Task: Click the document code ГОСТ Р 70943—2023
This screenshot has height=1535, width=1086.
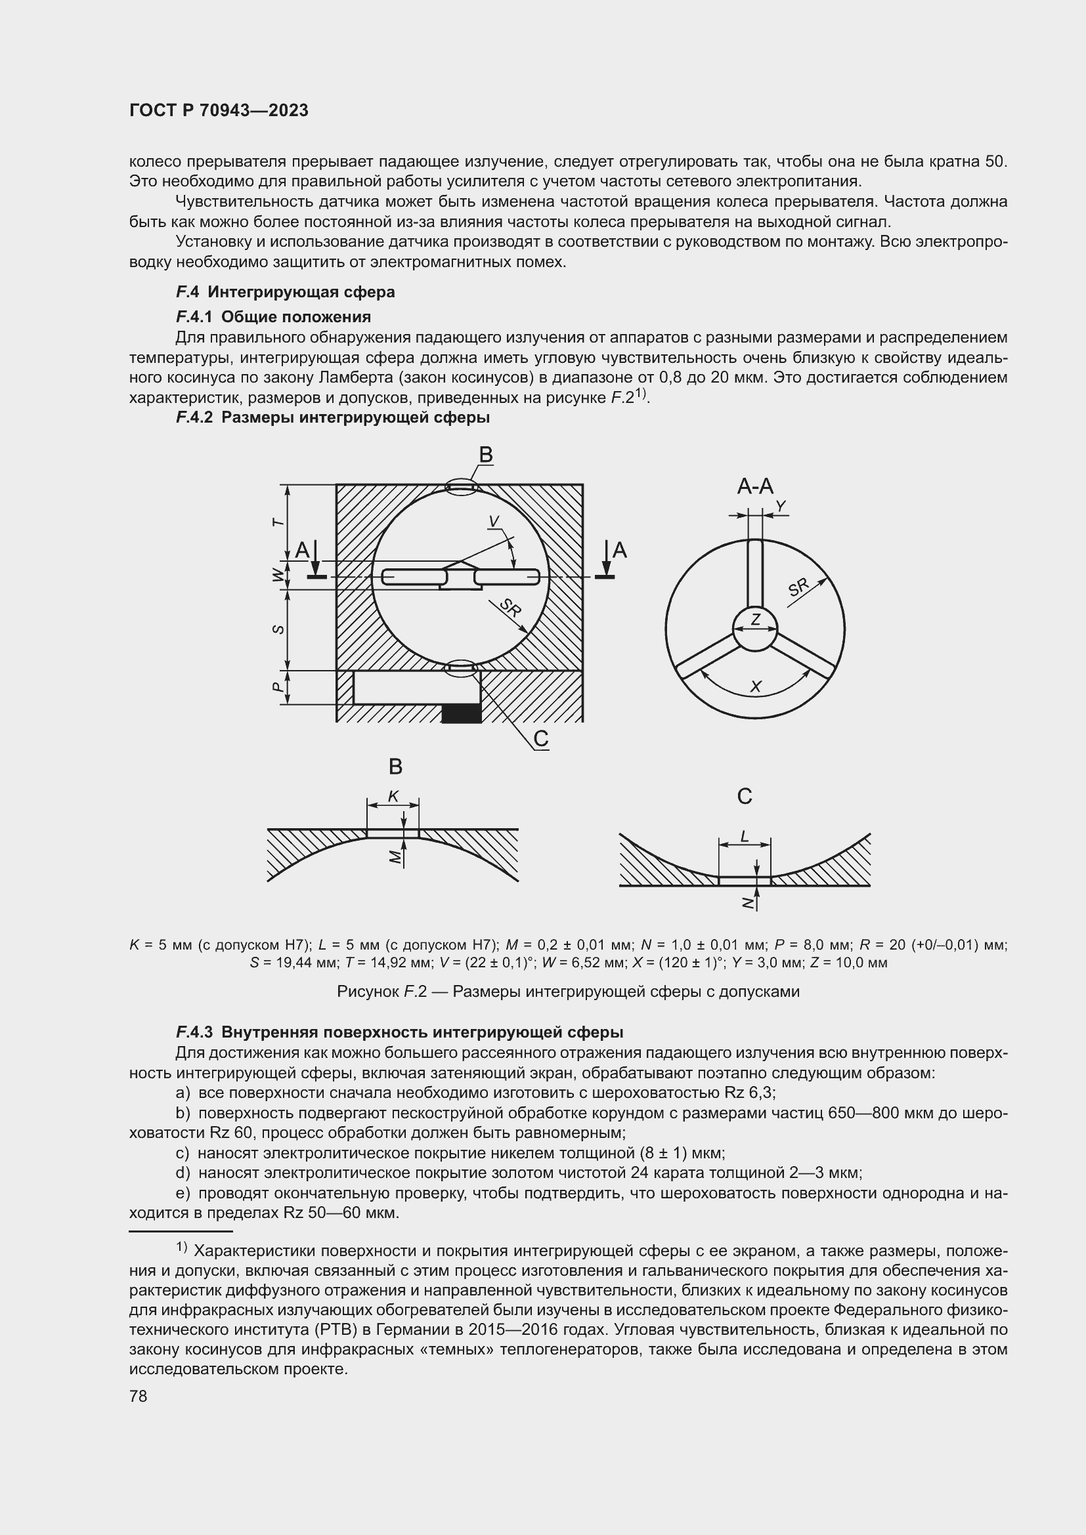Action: point(219,110)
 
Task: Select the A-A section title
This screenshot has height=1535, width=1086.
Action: point(754,487)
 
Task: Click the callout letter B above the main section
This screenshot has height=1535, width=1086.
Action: point(485,455)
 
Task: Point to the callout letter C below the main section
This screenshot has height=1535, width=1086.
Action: point(540,739)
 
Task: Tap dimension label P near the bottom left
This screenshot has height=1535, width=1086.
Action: point(279,687)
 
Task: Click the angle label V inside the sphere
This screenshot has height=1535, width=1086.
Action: point(494,522)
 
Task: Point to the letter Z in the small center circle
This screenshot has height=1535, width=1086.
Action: point(755,620)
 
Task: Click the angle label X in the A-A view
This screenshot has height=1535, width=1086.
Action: point(756,686)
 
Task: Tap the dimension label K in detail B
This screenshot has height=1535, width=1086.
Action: point(393,795)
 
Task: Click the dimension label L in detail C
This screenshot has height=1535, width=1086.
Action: point(745,835)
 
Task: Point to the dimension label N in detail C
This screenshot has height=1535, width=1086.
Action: point(748,902)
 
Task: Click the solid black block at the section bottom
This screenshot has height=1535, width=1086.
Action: point(462,713)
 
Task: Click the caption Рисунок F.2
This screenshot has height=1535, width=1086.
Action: point(568,991)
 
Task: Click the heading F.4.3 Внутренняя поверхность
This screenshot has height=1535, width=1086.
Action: point(399,1032)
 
